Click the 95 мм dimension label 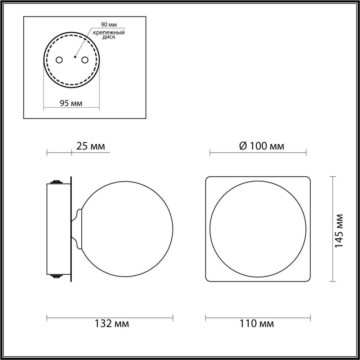coord(71,104)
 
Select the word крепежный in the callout coord(109,33)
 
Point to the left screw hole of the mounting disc coord(59,60)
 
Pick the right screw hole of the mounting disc coord(85,60)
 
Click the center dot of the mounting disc coord(75,57)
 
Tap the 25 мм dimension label coord(91,146)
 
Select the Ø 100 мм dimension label coord(261,146)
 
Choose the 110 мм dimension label coord(257,324)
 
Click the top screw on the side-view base coord(56,181)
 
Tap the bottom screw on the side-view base coord(56,276)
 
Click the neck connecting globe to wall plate coord(77,229)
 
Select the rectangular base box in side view coord(58,229)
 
